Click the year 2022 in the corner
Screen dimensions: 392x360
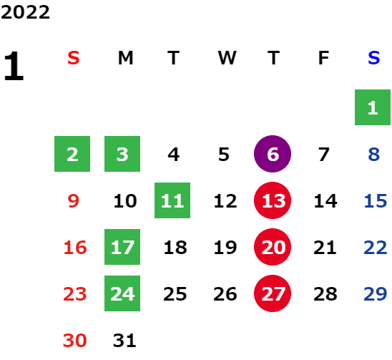point(25,12)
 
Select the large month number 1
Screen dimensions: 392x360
point(14,66)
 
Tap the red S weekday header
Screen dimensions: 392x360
point(74,58)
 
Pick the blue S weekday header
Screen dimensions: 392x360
point(373,58)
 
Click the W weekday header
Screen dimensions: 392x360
point(227,58)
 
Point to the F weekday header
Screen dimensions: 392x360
point(323,58)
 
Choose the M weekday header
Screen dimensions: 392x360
point(125,58)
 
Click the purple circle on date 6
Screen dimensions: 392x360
point(273,154)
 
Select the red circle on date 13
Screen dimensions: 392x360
point(273,200)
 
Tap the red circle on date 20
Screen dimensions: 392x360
point(273,247)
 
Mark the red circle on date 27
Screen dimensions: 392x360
point(273,293)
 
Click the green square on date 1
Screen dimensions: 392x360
point(373,107)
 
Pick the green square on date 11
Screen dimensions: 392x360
point(172,200)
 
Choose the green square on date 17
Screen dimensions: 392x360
point(122,247)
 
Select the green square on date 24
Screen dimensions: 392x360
point(122,293)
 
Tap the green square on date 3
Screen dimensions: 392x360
point(122,154)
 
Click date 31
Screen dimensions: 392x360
point(124,340)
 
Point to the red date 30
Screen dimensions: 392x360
point(74,340)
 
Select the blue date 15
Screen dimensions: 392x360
point(376,200)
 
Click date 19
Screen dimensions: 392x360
point(225,247)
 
